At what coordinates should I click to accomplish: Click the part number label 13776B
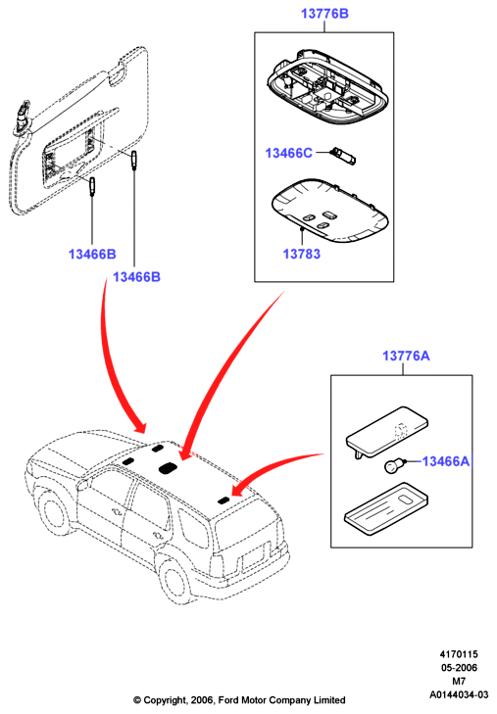point(324,14)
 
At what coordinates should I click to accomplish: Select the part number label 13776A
point(406,356)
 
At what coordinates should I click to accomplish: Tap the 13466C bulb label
point(289,153)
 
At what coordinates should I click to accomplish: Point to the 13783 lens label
point(302,254)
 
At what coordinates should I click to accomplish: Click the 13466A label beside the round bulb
point(445,461)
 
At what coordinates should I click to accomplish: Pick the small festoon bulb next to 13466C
point(342,156)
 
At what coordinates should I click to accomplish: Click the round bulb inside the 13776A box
point(392,466)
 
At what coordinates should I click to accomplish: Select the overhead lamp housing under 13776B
point(328,86)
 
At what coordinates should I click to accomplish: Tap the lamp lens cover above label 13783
point(329,211)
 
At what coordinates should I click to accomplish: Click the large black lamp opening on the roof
point(168,467)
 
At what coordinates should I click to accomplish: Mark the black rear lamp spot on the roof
point(224,500)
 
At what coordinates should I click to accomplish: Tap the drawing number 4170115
point(459,654)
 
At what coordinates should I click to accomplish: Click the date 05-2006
point(459,668)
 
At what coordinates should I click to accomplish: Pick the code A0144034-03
point(459,694)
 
